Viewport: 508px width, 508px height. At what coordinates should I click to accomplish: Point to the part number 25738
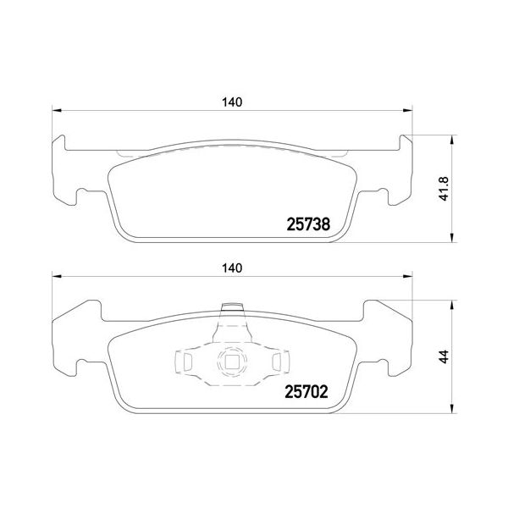pos(304,225)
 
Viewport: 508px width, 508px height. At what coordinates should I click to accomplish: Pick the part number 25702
pos(304,392)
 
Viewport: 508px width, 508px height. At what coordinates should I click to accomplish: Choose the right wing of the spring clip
pos(275,363)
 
